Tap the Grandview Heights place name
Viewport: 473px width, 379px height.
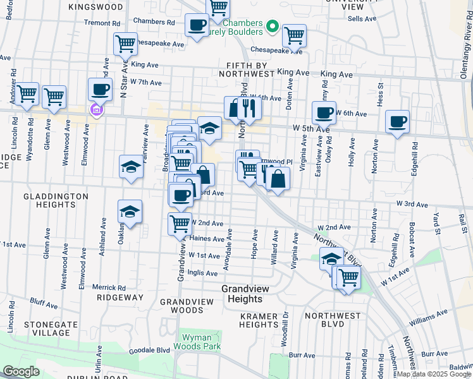pos(242,294)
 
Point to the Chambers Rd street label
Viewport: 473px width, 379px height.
pos(154,21)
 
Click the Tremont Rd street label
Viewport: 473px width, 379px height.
pos(102,23)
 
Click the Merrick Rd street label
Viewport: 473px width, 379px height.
pos(108,287)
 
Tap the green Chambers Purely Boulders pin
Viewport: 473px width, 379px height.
pos(273,27)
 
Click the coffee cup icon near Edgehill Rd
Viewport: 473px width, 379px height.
pos(398,121)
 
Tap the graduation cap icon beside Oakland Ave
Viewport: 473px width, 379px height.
pos(130,212)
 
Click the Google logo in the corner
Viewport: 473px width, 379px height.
pos(21,371)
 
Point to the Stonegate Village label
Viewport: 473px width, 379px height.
pos(47,328)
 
